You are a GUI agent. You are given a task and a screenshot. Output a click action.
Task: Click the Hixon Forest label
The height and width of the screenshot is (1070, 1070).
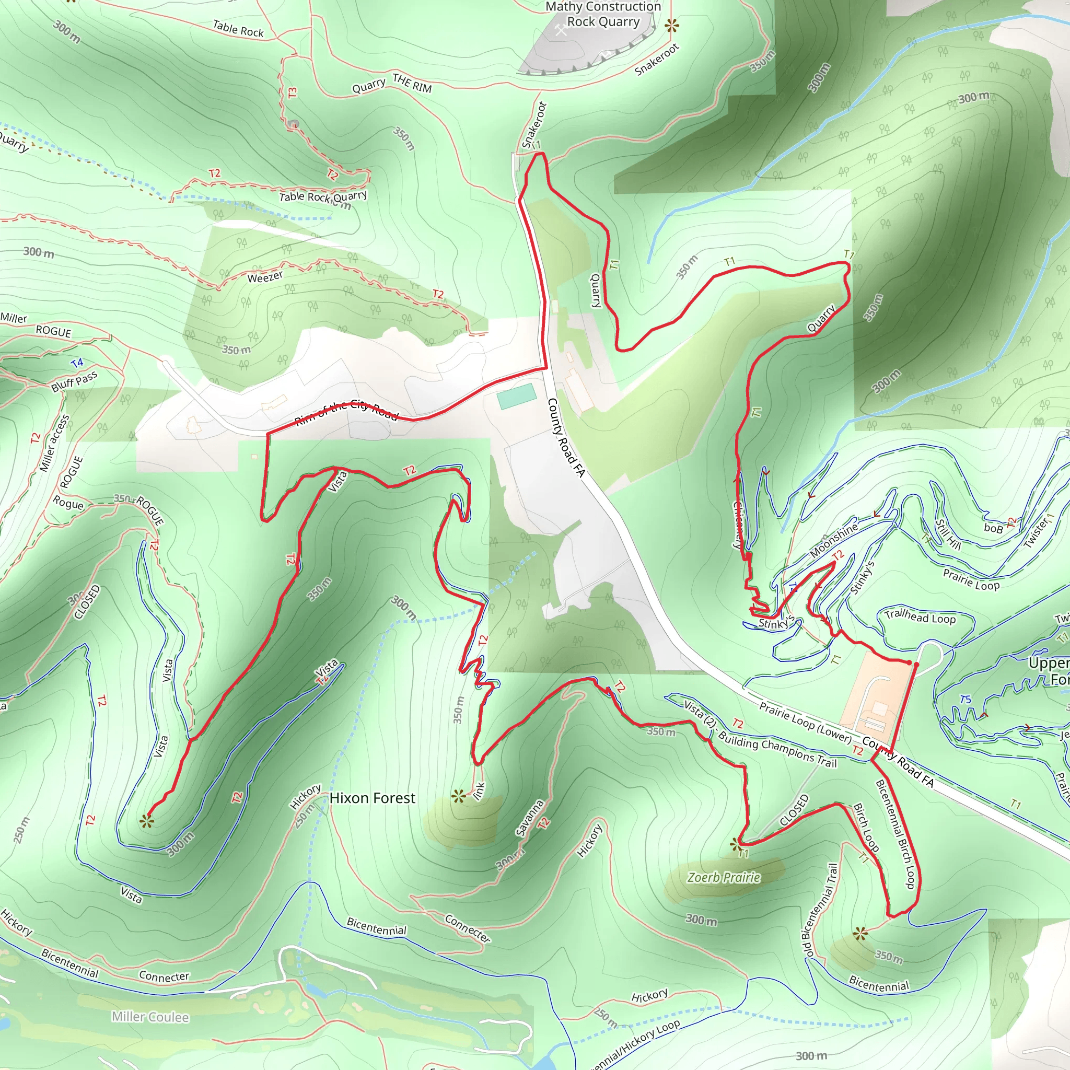click(372, 798)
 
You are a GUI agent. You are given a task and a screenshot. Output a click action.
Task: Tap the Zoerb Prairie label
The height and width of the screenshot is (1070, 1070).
click(723, 877)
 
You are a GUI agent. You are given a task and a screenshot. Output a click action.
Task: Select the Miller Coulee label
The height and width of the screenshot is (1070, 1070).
click(150, 1017)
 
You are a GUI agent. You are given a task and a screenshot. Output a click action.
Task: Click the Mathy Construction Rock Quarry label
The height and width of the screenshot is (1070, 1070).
click(603, 15)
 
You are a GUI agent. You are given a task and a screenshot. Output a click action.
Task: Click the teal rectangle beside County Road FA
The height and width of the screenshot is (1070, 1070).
click(516, 396)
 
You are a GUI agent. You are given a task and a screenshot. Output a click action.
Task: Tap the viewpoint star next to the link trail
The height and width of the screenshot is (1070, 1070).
click(458, 797)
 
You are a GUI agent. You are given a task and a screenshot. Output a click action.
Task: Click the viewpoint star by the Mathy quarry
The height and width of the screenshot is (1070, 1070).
click(671, 25)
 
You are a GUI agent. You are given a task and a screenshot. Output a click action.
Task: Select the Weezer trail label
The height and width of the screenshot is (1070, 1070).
click(265, 277)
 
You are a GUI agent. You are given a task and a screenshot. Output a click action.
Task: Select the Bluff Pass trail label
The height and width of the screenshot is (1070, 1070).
click(74, 381)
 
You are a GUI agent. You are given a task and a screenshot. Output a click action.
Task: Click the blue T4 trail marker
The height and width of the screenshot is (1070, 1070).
click(77, 363)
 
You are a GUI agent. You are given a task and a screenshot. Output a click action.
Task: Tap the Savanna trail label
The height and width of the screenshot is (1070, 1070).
click(529, 818)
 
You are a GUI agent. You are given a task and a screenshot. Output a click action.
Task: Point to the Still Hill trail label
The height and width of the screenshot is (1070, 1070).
click(948, 533)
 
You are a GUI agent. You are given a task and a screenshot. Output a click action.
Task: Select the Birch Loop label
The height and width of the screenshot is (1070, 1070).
click(866, 828)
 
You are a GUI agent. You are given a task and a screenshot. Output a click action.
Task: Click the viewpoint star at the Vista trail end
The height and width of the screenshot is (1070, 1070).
click(146, 821)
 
